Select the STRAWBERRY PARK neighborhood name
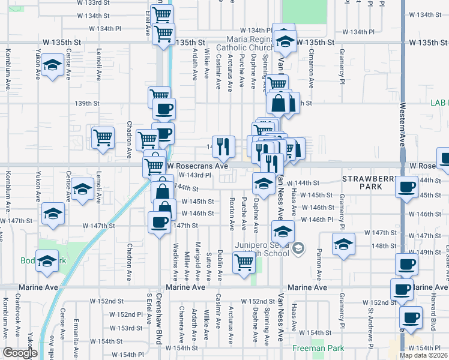click(370, 182)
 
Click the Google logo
click(20, 353)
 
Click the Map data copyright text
click(423, 355)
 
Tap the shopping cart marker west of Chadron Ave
click(103, 137)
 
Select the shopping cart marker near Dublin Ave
click(244, 262)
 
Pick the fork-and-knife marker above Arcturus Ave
click(223, 144)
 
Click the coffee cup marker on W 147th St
click(159, 222)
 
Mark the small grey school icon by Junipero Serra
click(299, 247)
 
